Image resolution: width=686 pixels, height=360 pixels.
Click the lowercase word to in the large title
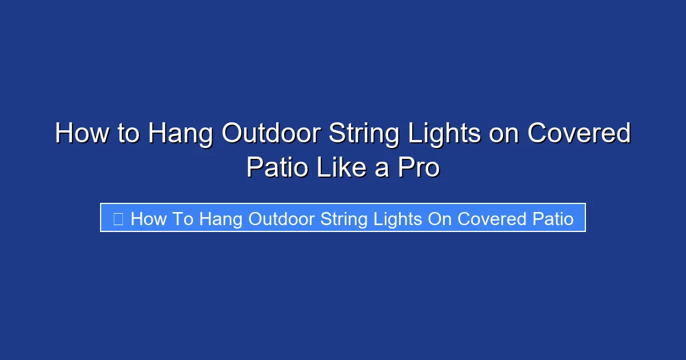(127, 134)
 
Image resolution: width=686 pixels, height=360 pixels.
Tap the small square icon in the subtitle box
(118, 218)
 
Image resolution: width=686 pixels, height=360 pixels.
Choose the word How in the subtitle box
(149, 218)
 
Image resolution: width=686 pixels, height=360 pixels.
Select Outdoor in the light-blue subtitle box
(283, 218)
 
